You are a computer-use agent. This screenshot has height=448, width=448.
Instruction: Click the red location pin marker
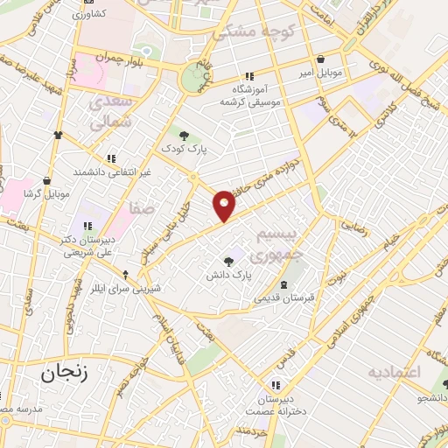coord(225,204)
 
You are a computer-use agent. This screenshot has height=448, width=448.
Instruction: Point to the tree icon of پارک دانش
coord(229,261)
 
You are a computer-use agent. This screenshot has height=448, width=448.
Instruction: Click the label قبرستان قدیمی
coord(283,297)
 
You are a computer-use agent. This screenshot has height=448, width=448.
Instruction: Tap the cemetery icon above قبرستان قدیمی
coord(283,285)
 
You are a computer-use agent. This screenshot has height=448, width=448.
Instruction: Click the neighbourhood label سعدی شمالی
coord(111,111)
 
